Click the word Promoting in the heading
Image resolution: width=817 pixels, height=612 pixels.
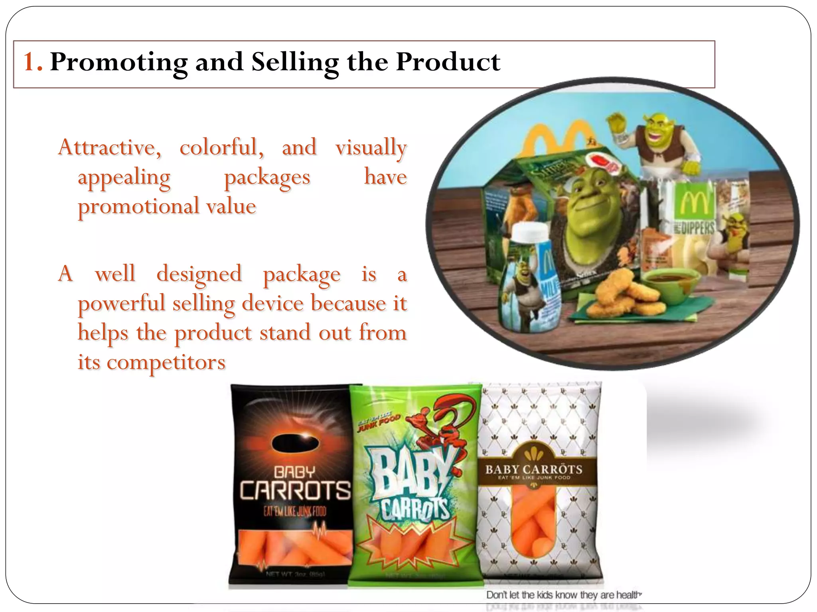[x=118, y=63]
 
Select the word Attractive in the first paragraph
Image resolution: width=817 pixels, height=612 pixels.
[x=109, y=147]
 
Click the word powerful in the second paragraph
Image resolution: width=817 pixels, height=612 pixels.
[x=121, y=303]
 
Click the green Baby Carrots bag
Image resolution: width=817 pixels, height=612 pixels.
[x=415, y=486]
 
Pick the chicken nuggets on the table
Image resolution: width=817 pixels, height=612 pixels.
[x=622, y=295]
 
